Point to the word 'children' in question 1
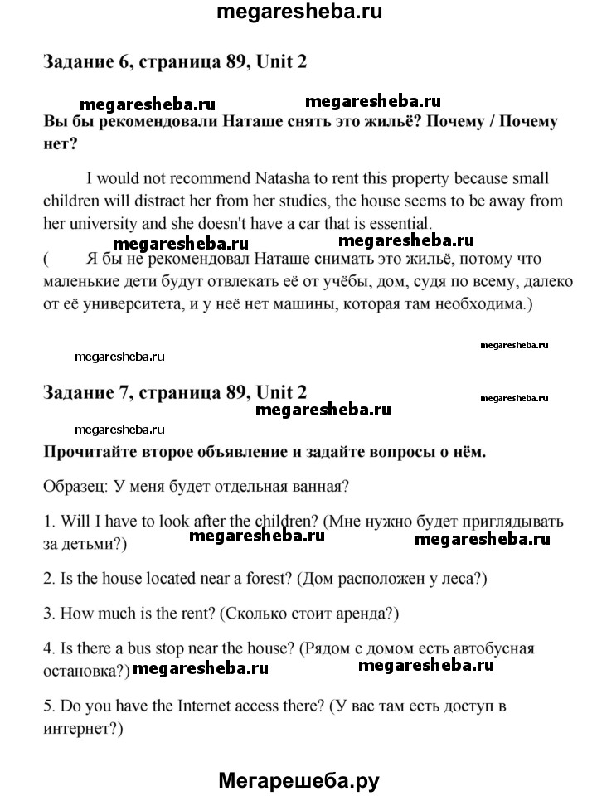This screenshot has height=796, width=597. click(278, 522)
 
